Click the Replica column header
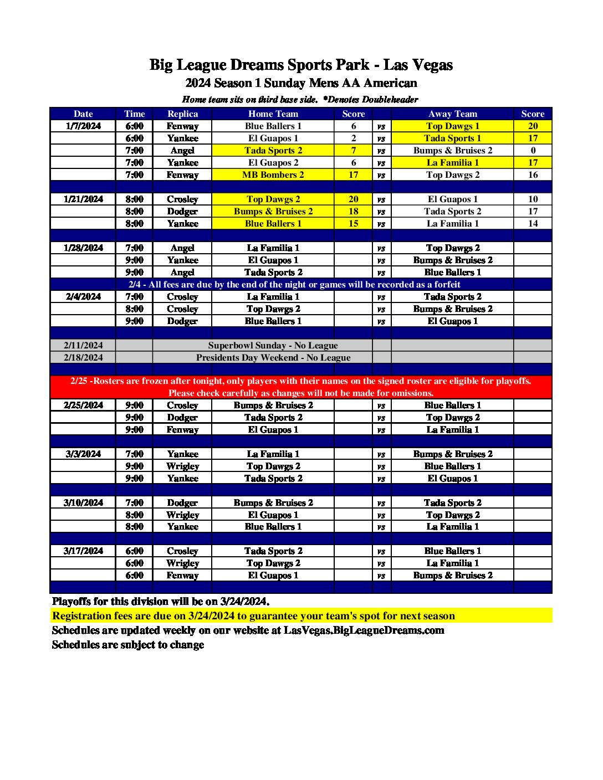point(182,114)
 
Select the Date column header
point(83,114)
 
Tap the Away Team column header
point(452,114)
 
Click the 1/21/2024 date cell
point(83,199)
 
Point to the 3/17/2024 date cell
point(83,551)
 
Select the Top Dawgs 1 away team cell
point(452,126)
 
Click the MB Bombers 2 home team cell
point(273,175)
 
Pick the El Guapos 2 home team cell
point(273,162)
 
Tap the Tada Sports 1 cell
point(452,138)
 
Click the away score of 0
point(533,150)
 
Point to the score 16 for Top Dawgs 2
point(533,175)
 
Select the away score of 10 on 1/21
point(533,199)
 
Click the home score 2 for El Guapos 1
point(354,138)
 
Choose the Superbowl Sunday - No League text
point(273,345)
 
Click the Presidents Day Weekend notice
point(273,357)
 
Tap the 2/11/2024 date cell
point(83,345)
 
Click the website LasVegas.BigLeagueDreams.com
point(364,630)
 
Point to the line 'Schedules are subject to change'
point(128,644)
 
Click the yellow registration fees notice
point(253,615)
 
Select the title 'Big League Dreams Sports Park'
point(259,65)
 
